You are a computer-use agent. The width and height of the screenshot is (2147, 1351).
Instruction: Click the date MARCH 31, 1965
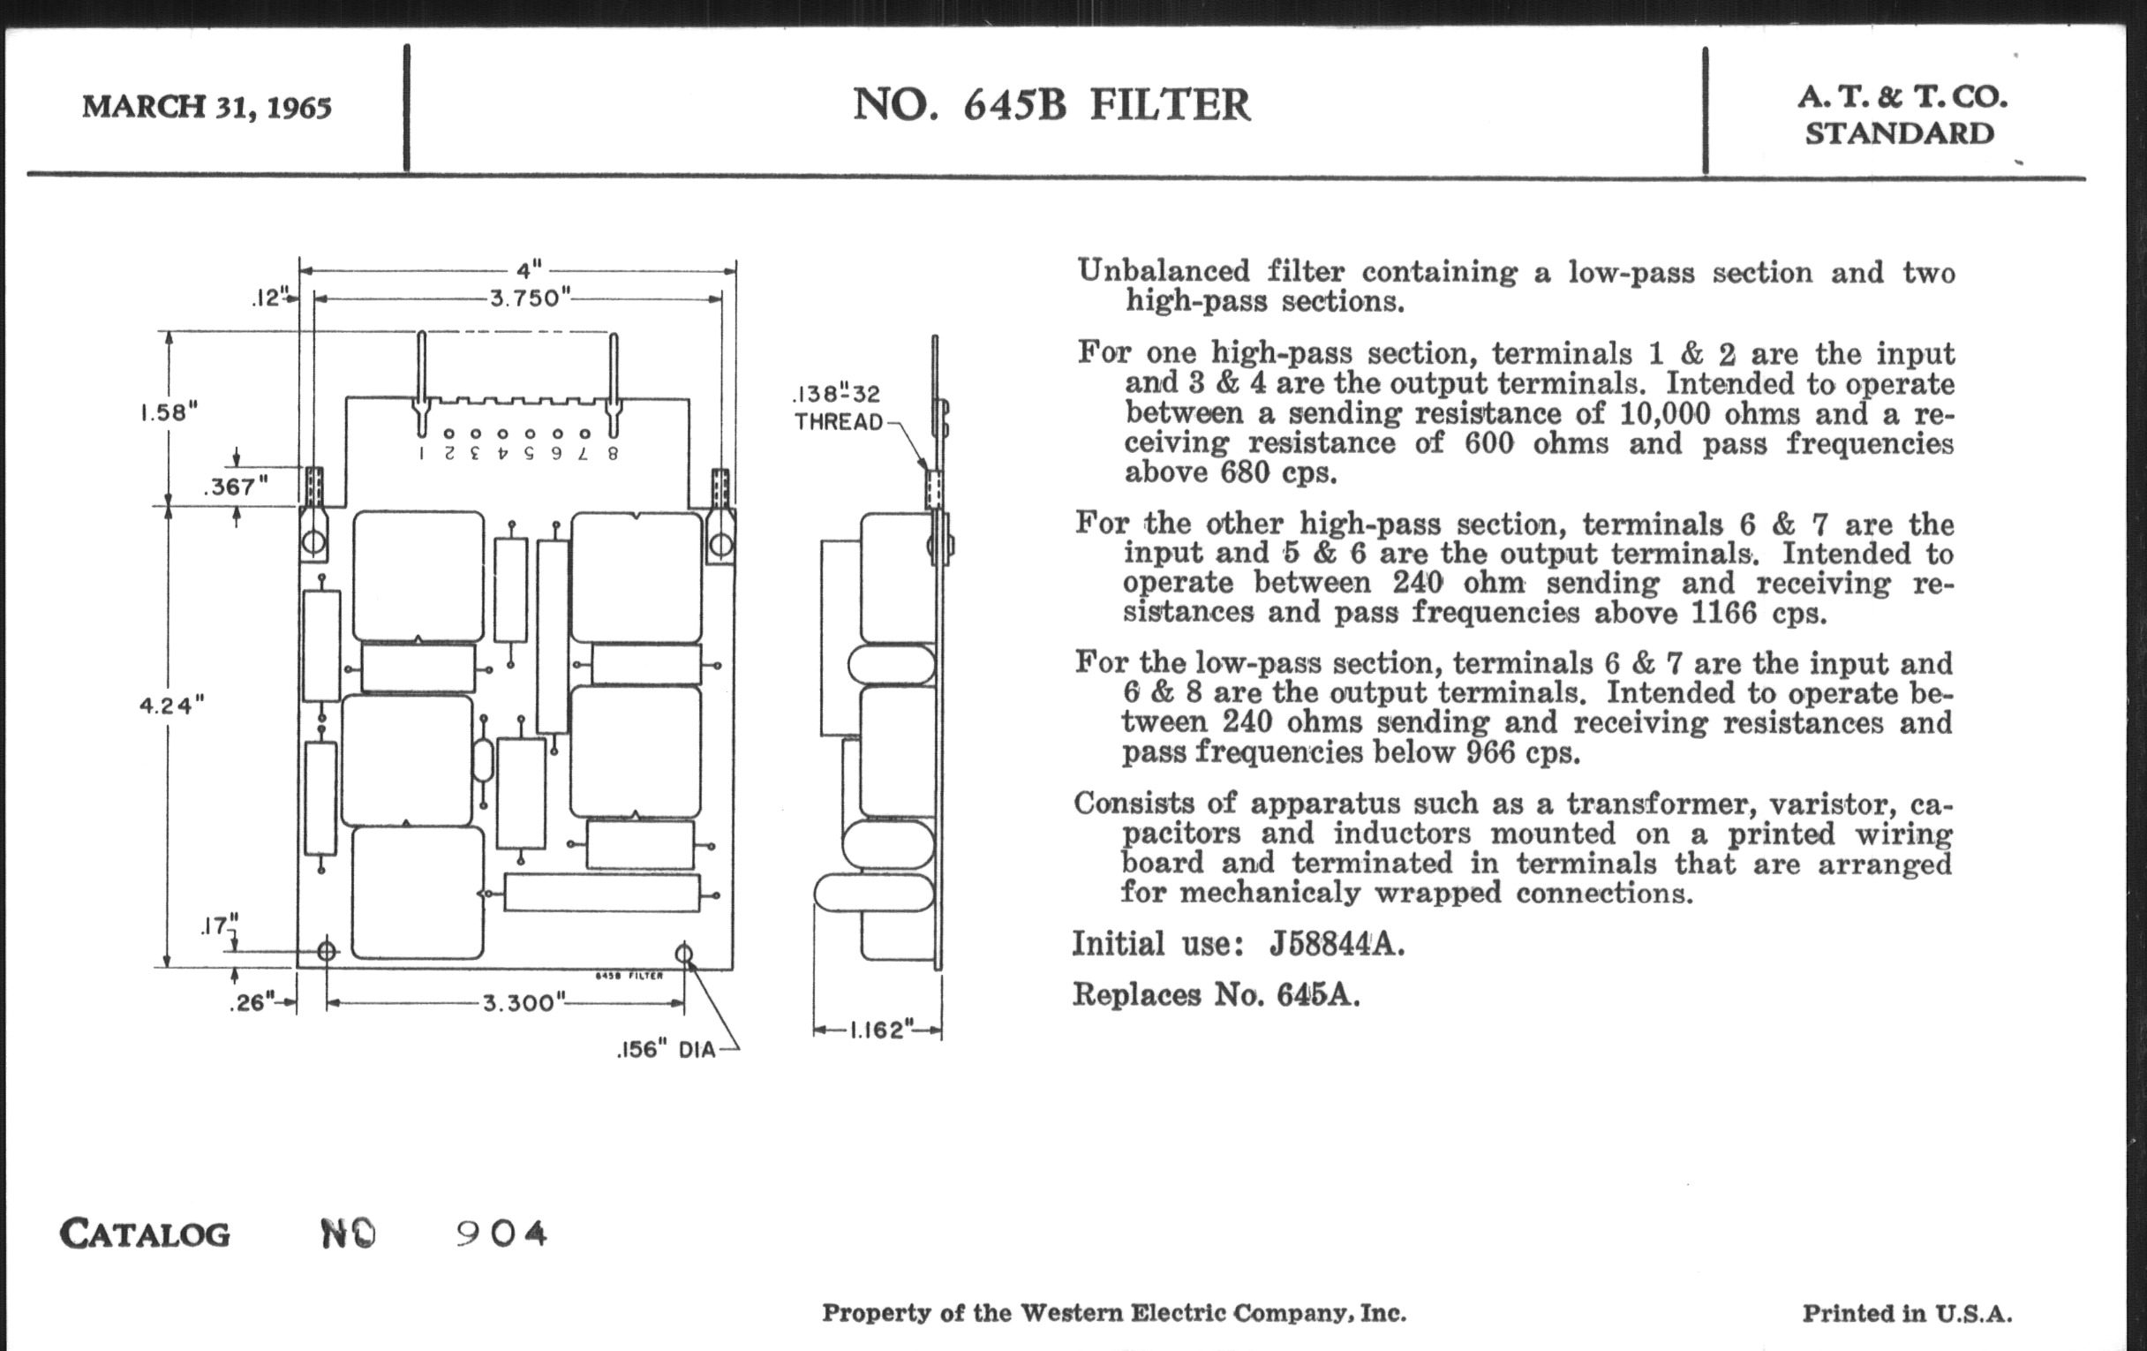207,107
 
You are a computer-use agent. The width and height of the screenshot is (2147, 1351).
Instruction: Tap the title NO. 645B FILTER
1051,105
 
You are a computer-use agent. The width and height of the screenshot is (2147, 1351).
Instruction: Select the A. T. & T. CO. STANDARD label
1902,115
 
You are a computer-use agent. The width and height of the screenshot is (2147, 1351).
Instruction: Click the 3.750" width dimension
530,298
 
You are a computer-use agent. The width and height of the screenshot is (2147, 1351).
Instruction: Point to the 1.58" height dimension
169,412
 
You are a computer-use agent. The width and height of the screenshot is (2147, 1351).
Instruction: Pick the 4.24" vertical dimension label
171,706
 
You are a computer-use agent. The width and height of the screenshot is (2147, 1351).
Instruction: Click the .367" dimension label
236,487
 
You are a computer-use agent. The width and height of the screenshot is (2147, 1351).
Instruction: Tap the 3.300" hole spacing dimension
524,1003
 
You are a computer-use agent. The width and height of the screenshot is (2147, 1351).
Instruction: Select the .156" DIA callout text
666,1050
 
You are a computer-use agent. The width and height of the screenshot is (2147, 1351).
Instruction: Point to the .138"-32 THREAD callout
837,408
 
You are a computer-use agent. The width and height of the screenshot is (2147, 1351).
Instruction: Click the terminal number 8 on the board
613,453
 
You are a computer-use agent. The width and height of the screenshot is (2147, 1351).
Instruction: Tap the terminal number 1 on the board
422,453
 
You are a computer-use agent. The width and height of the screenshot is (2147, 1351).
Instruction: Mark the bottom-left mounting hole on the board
328,952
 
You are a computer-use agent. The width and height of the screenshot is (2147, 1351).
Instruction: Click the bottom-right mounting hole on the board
684,955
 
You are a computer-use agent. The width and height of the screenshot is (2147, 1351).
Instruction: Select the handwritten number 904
501,1234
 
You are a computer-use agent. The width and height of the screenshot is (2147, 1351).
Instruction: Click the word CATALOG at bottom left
145,1234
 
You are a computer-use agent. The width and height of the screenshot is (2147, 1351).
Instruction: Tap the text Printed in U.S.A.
1907,1313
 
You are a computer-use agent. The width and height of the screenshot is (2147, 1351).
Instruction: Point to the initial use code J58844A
1337,943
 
